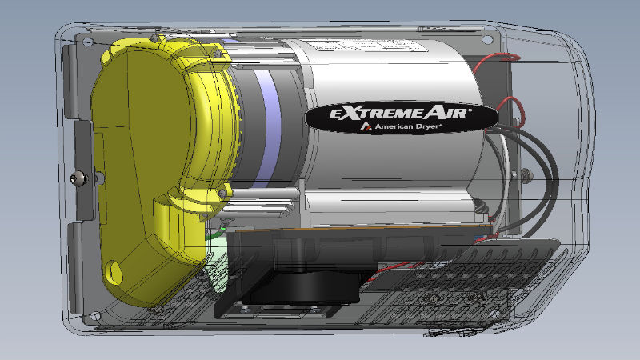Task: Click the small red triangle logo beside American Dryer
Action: (365, 127)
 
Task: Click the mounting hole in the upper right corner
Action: (486, 39)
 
